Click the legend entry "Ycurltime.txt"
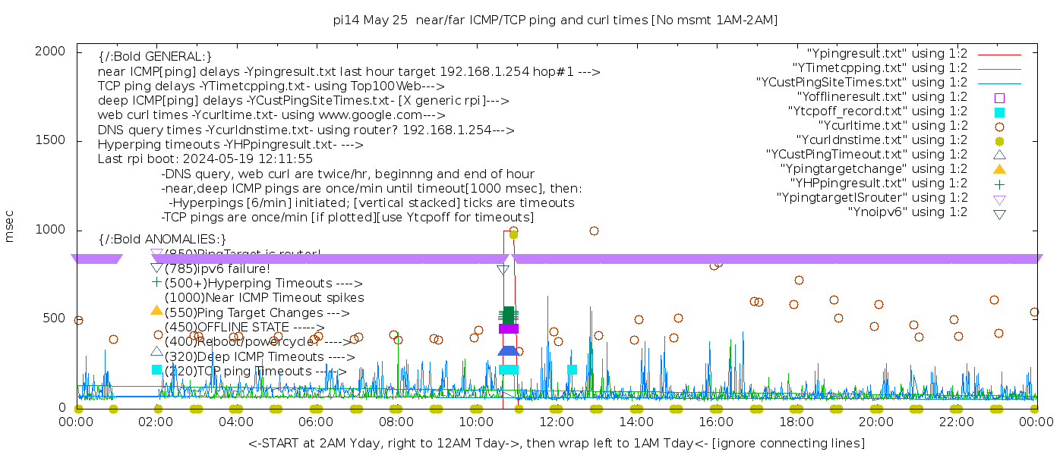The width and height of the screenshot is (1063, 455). (x=892, y=126)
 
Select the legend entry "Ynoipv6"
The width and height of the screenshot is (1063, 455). (x=907, y=212)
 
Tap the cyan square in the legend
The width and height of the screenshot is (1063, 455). (x=999, y=111)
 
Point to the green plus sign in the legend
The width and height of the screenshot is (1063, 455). (x=999, y=184)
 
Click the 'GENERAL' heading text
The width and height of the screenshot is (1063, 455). (x=155, y=57)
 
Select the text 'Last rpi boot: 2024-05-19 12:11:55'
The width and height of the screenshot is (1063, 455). (x=205, y=159)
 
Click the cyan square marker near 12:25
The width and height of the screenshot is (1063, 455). (x=572, y=370)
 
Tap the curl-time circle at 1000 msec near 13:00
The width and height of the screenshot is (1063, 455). (x=594, y=231)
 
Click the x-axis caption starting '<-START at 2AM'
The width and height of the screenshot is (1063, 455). (x=556, y=443)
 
